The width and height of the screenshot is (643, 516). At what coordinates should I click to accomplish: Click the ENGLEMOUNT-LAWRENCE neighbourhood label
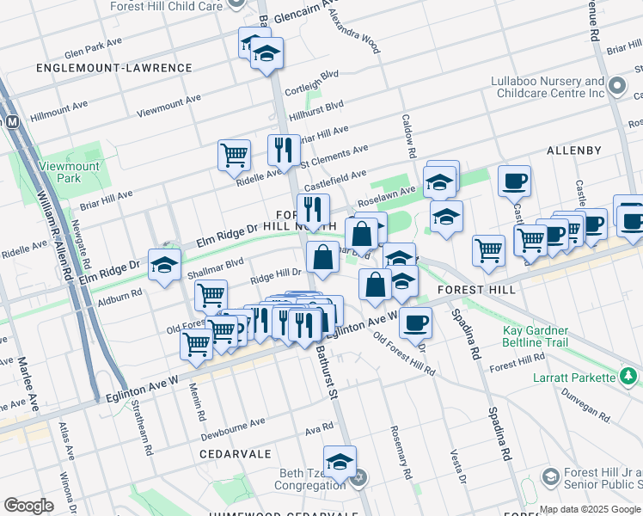tap(114, 67)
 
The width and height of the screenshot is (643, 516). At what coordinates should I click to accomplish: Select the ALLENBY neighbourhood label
tap(574, 150)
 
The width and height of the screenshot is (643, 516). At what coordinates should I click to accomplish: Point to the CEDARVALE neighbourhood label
tap(236, 453)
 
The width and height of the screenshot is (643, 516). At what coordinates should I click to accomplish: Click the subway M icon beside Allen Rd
tap(12, 122)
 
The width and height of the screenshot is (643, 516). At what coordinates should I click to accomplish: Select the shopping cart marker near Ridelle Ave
tap(234, 155)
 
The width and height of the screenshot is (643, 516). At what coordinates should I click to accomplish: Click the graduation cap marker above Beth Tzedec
tap(340, 461)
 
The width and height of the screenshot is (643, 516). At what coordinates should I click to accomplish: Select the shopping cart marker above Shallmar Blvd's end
tap(211, 295)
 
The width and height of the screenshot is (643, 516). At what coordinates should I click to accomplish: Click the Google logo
tap(28, 506)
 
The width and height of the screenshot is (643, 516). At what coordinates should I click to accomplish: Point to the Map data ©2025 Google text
tap(590, 509)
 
